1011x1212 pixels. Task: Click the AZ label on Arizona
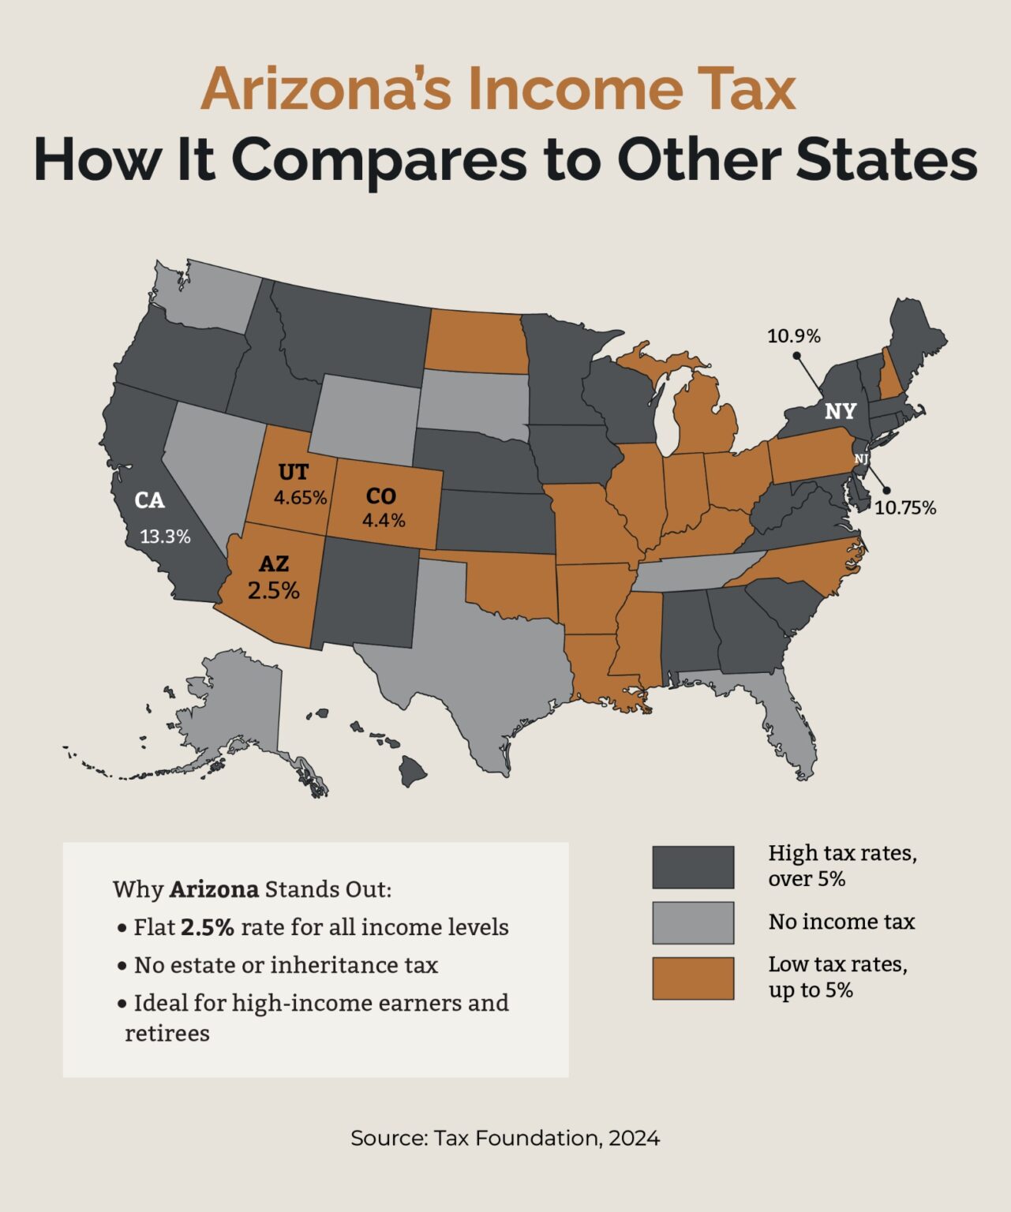[x=274, y=564]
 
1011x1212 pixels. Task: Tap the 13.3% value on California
[x=165, y=537]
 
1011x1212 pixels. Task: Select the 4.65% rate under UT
[x=300, y=498]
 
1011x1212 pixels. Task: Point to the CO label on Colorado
[x=380, y=496]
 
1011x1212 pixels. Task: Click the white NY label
[x=840, y=412]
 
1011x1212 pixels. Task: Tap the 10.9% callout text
[x=793, y=336]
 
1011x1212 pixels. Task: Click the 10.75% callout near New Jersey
[x=904, y=508]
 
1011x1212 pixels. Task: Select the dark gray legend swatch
[x=692, y=867]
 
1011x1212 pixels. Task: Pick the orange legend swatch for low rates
[x=692, y=978]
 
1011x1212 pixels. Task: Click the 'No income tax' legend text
[x=841, y=922]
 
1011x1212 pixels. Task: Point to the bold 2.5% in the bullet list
[x=207, y=927]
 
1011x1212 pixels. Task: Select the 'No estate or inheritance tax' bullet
[x=286, y=965]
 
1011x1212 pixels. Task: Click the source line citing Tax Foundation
[x=505, y=1138]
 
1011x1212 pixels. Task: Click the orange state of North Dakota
[x=476, y=341]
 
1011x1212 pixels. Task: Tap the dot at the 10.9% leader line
[x=796, y=356]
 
